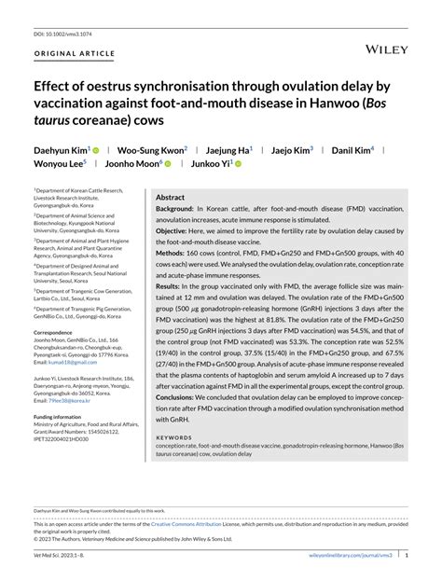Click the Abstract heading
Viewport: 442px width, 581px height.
[x=170, y=198]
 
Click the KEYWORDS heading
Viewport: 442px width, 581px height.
[x=174, y=437]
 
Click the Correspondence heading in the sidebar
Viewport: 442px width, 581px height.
[x=59, y=332]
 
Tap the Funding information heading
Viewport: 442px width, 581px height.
[x=64, y=417]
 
